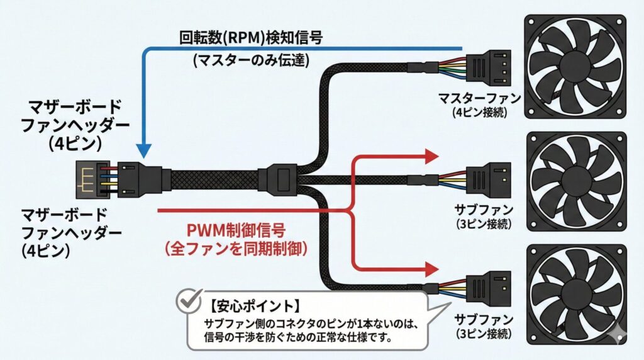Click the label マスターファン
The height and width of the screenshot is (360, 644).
pos(479,99)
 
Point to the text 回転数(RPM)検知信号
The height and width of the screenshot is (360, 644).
pos(251,38)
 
